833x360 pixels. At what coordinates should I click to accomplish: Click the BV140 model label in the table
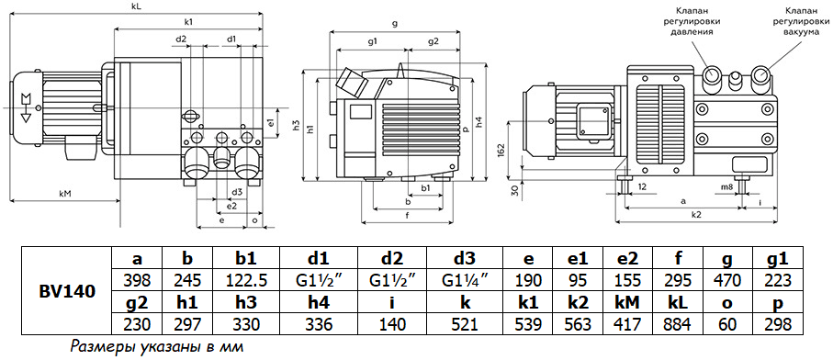66,291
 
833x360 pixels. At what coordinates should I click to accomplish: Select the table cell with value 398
138,280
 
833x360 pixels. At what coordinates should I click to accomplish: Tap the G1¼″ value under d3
465,280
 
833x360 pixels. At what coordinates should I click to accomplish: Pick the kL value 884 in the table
677,324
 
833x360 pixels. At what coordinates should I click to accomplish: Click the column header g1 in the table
780,260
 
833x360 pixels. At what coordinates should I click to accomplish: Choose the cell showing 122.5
246,280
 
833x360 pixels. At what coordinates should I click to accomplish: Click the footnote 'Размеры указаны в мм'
157,348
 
